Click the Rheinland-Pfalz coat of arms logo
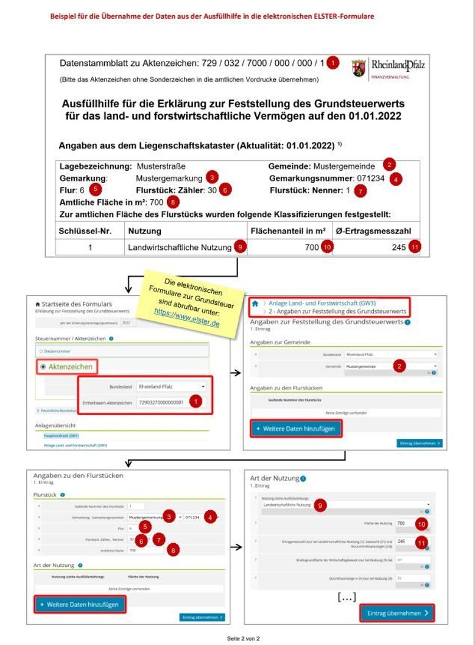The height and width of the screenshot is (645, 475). point(359,68)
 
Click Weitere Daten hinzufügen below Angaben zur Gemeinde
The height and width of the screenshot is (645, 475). point(295,429)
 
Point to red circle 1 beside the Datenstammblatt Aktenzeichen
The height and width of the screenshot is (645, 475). point(332,63)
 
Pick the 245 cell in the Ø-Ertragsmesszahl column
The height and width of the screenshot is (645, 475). point(398,248)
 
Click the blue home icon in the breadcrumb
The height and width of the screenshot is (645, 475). point(255,302)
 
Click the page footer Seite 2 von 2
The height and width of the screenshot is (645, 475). point(243,638)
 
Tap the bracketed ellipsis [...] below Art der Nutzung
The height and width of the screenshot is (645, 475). point(347,597)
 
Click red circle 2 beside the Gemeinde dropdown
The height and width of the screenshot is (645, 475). point(399,366)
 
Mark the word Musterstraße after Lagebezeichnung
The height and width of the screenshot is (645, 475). point(161,166)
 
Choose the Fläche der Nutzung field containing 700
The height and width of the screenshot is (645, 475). point(401,524)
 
